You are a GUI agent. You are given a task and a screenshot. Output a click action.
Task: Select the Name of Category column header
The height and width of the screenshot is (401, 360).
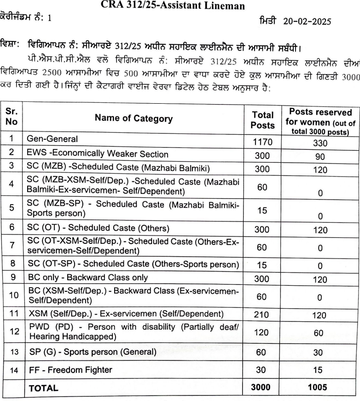click(134, 118)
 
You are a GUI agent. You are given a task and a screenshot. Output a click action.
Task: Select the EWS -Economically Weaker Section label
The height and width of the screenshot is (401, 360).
click(91, 154)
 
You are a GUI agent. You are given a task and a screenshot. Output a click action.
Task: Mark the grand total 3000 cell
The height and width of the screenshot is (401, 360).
click(262, 389)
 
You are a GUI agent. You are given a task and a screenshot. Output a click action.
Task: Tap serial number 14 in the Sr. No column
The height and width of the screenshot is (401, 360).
click(12, 370)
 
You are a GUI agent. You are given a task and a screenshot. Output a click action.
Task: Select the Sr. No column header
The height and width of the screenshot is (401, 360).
click(12, 118)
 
